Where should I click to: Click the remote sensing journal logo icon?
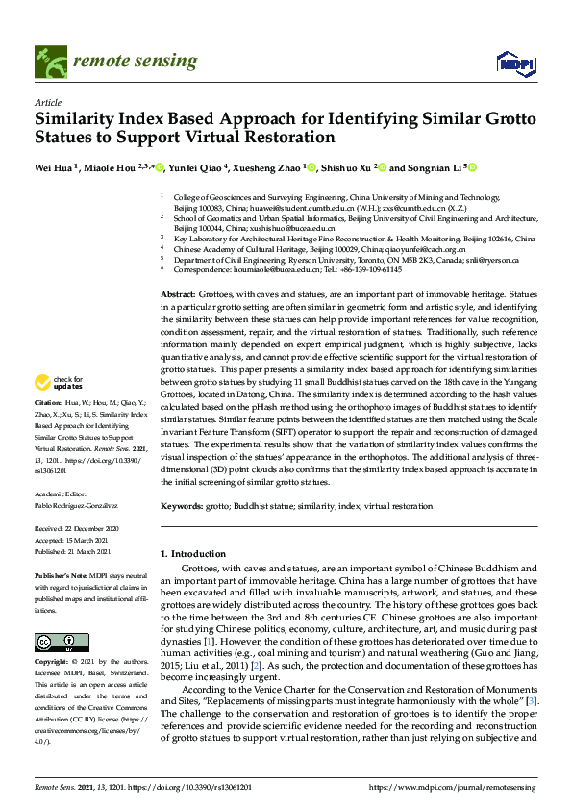pyautogui.click(x=47, y=61)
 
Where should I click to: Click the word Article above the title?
pyautogui.click(x=47, y=101)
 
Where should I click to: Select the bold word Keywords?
pyautogui.click(x=183, y=505)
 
